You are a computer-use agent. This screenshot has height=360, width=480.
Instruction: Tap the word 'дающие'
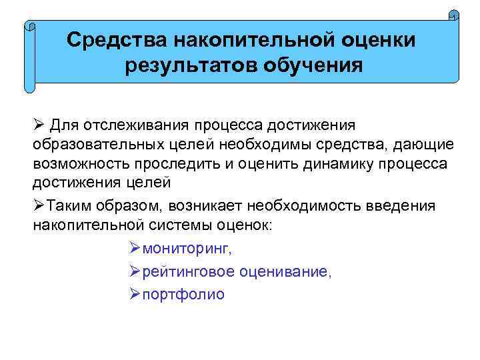(416, 145)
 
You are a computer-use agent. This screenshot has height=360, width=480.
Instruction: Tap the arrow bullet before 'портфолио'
(132, 295)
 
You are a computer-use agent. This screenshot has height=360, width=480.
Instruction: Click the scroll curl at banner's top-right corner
(454, 15)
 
